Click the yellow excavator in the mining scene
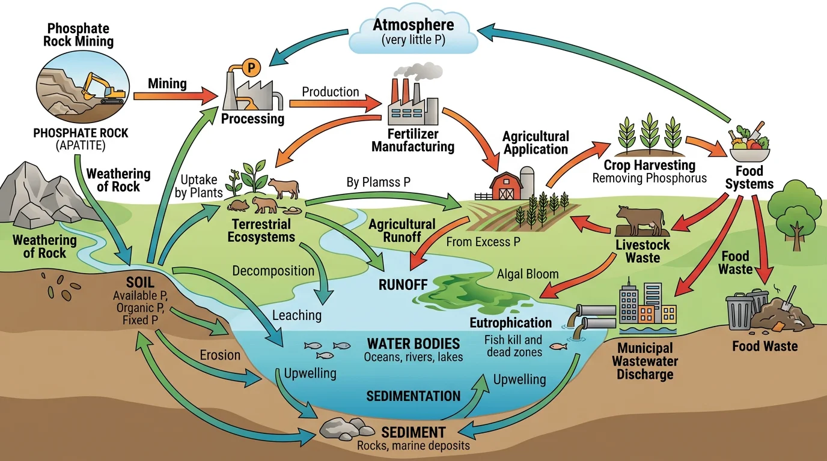coord(102,88)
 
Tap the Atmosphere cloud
coord(413,32)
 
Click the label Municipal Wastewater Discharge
coord(645,361)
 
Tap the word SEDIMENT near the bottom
coord(413,433)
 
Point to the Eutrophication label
coord(511,323)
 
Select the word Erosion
coord(220,355)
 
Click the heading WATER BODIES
coord(413,344)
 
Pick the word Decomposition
coord(273,270)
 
